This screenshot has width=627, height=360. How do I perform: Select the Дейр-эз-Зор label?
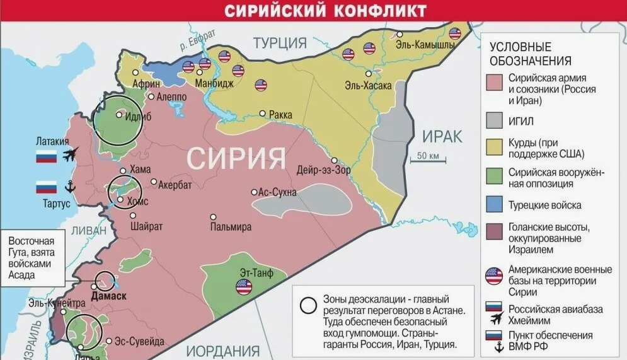[x=324, y=170]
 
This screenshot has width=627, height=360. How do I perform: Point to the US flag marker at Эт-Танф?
[x=243, y=287]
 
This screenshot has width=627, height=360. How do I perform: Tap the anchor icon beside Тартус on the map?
[x=70, y=187]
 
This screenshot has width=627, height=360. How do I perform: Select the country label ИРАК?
[x=442, y=136]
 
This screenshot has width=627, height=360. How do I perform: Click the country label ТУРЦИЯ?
[x=280, y=43]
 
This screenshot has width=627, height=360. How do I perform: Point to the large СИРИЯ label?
[x=236, y=157]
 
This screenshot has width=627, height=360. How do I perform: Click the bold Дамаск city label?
[x=108, y=296]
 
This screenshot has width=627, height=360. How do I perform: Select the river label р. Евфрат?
[x=197, y=40]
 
